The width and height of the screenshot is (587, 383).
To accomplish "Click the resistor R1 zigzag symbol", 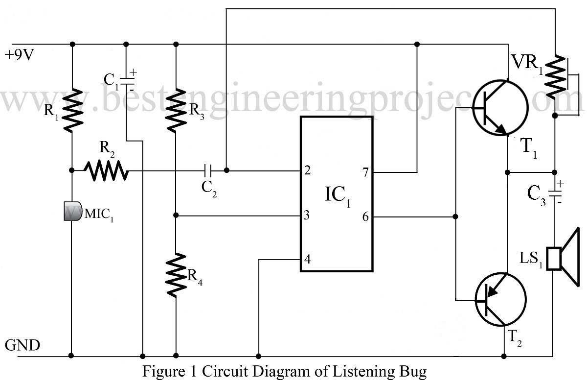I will (x=72, y=110).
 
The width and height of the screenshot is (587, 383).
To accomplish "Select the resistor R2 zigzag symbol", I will (x=106, y=170).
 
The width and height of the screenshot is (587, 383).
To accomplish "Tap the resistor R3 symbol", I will (x=175, y=110).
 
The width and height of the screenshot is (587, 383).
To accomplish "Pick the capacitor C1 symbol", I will (x=126, y=80).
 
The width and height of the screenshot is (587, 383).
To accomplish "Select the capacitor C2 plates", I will (x=207, y=170).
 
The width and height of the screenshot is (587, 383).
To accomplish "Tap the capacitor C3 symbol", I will (x=555, y=191).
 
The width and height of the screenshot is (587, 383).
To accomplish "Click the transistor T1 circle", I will (x=500, y=108).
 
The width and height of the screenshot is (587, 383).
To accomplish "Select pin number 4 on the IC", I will (x=307, y=260).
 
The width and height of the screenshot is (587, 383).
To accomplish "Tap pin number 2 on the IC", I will (x=307, y=171).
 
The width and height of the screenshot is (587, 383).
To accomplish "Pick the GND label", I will (x=22, y=346).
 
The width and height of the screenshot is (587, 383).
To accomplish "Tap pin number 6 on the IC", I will (x=364, y=215).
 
